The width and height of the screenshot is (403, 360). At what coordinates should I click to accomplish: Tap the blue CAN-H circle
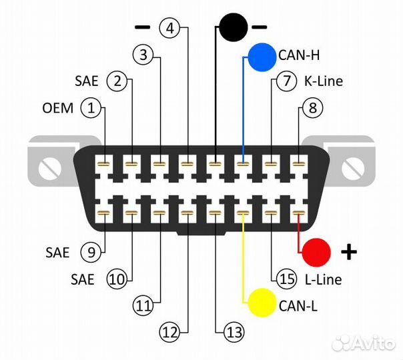point(262,57)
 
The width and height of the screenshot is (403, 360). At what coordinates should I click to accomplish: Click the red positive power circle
point(316,252)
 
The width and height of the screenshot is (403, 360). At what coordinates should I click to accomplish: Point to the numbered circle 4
point(171,28)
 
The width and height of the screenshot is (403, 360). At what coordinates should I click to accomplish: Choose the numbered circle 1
point(91,107)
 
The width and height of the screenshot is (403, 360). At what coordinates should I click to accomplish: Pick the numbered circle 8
point(312,107)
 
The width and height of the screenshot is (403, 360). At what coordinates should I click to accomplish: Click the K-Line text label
point(324,82)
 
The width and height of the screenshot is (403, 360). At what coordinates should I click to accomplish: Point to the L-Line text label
point(323,279)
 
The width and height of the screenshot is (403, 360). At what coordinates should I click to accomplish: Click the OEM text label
point(58,108)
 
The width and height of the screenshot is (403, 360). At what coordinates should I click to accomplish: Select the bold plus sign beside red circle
point(349,252)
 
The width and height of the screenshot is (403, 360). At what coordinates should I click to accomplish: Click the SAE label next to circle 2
point(87,82)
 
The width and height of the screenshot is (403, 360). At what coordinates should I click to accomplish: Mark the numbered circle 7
point(285,82)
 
